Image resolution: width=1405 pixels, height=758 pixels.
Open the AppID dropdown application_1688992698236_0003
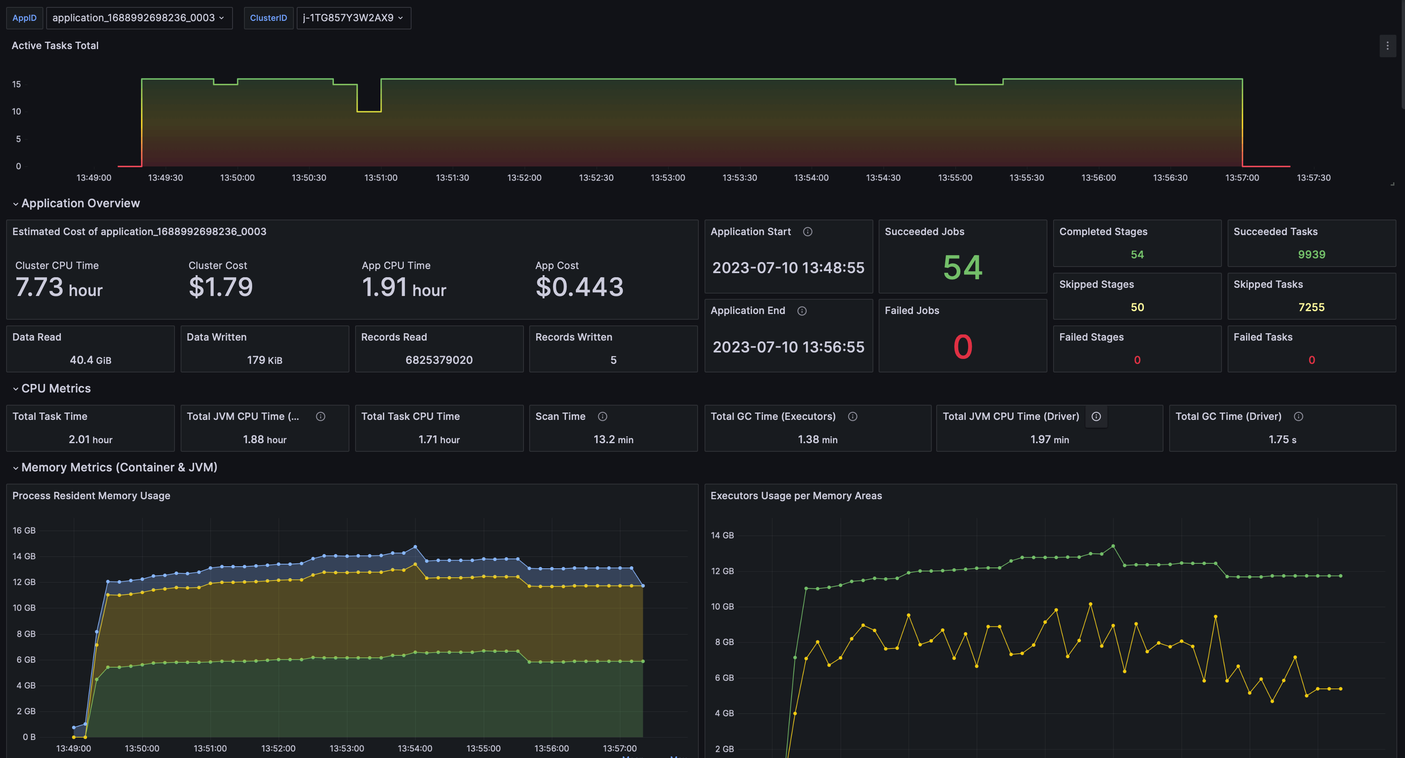tap(139, 18)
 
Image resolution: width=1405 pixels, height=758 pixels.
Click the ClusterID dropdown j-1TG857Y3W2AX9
tap(353, 18)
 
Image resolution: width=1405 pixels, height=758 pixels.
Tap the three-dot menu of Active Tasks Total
tap(1387, 46)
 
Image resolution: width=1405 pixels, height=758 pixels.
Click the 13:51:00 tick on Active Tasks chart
tap(381, 178)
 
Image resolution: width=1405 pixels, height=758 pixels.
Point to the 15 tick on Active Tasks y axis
tap(16, 84)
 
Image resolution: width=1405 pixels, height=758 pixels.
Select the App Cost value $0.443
tap(579, 287)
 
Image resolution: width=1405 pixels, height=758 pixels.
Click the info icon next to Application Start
tap(807, 232)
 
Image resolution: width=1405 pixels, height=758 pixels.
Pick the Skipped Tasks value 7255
tap(1311, 307)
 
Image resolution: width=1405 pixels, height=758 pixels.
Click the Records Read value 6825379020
tap(439, 360)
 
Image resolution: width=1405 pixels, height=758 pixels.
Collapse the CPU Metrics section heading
tap(55, 388)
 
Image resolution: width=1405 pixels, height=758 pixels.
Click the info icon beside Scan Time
tap(602, 416)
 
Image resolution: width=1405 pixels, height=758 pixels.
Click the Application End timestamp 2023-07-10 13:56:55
tap(788, 347)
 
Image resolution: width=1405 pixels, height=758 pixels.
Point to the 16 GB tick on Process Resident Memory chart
tap(24, 530)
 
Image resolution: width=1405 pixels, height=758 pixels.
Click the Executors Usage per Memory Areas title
tap(796, 496)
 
